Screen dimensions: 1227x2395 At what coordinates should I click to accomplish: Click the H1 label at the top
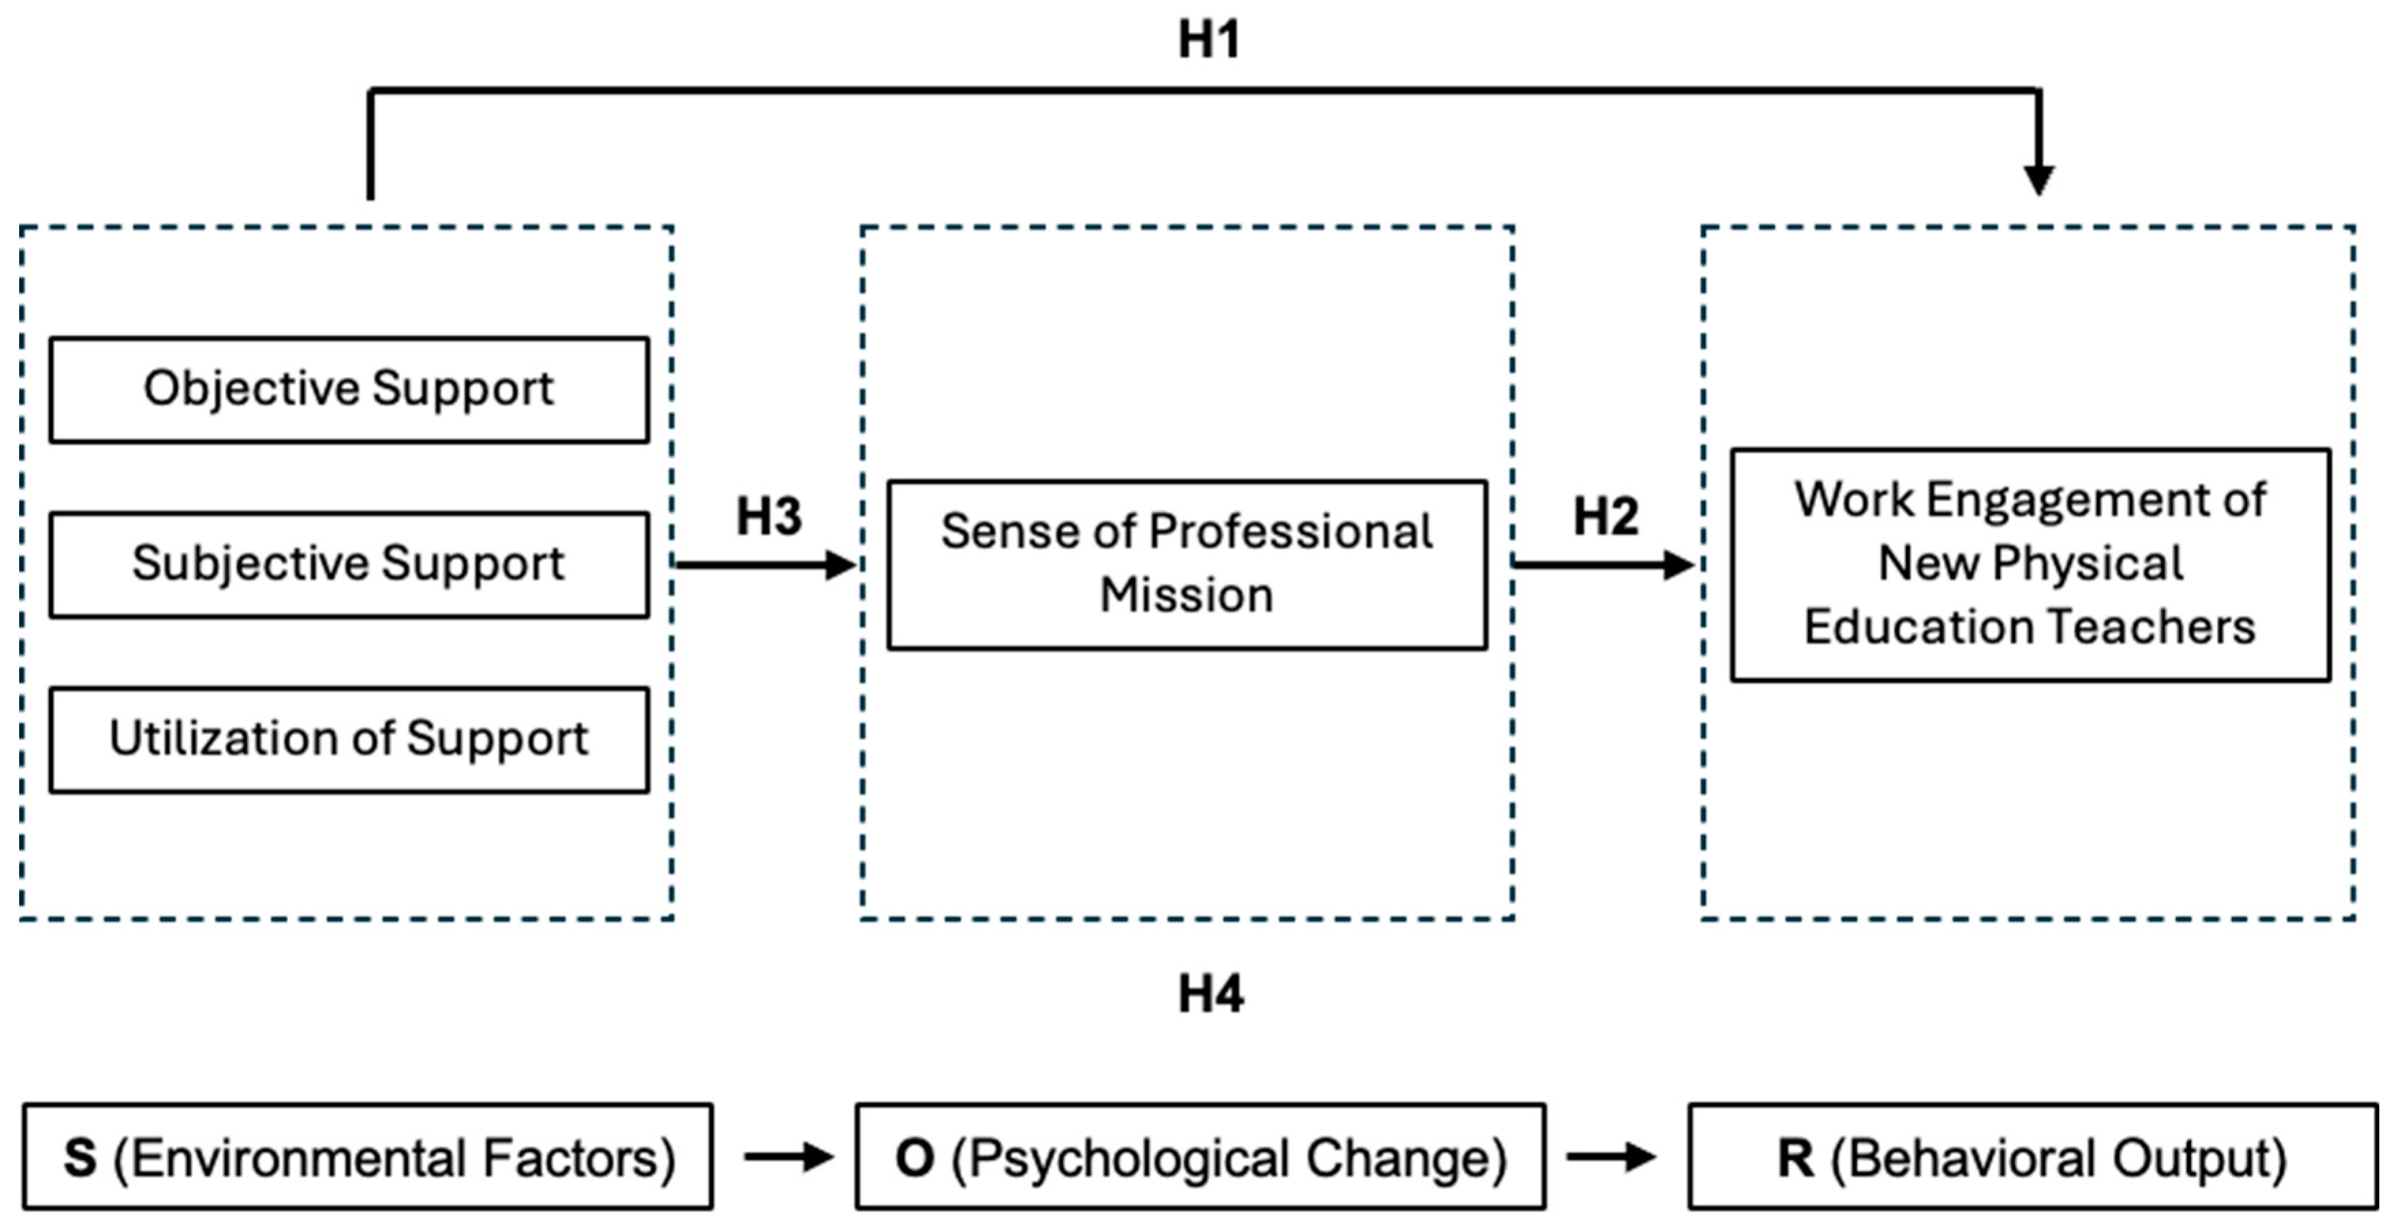(x=1208, y=41)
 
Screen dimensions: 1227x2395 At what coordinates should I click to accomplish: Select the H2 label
(x=1606, y=517)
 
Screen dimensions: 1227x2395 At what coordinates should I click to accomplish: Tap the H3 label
(x=769, y=517)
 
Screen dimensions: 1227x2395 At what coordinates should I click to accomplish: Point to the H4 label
(x=1210, y=995)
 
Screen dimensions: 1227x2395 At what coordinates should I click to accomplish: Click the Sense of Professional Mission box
(x=1187, y=564)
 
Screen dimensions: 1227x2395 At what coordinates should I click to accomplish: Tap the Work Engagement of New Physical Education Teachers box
(x=2031, y=565)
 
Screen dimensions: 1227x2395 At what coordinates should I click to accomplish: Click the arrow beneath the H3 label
(x=764, y=564)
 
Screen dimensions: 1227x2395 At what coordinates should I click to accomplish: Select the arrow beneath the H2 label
(x=1602, y=564)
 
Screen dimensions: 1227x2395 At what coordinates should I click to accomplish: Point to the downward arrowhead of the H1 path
(x=2039, y=179)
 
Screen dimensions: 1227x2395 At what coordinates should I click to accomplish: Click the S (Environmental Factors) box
(x=368, y=1157)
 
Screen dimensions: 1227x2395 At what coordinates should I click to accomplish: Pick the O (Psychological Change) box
(x=1200, y=1157)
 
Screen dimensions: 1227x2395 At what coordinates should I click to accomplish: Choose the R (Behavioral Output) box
(x=2032, y=1157)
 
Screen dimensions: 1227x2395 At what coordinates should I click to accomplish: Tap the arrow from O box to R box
(x=1610, y=1157)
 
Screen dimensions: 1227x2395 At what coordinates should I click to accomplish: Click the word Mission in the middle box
(x=1187, y=596)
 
